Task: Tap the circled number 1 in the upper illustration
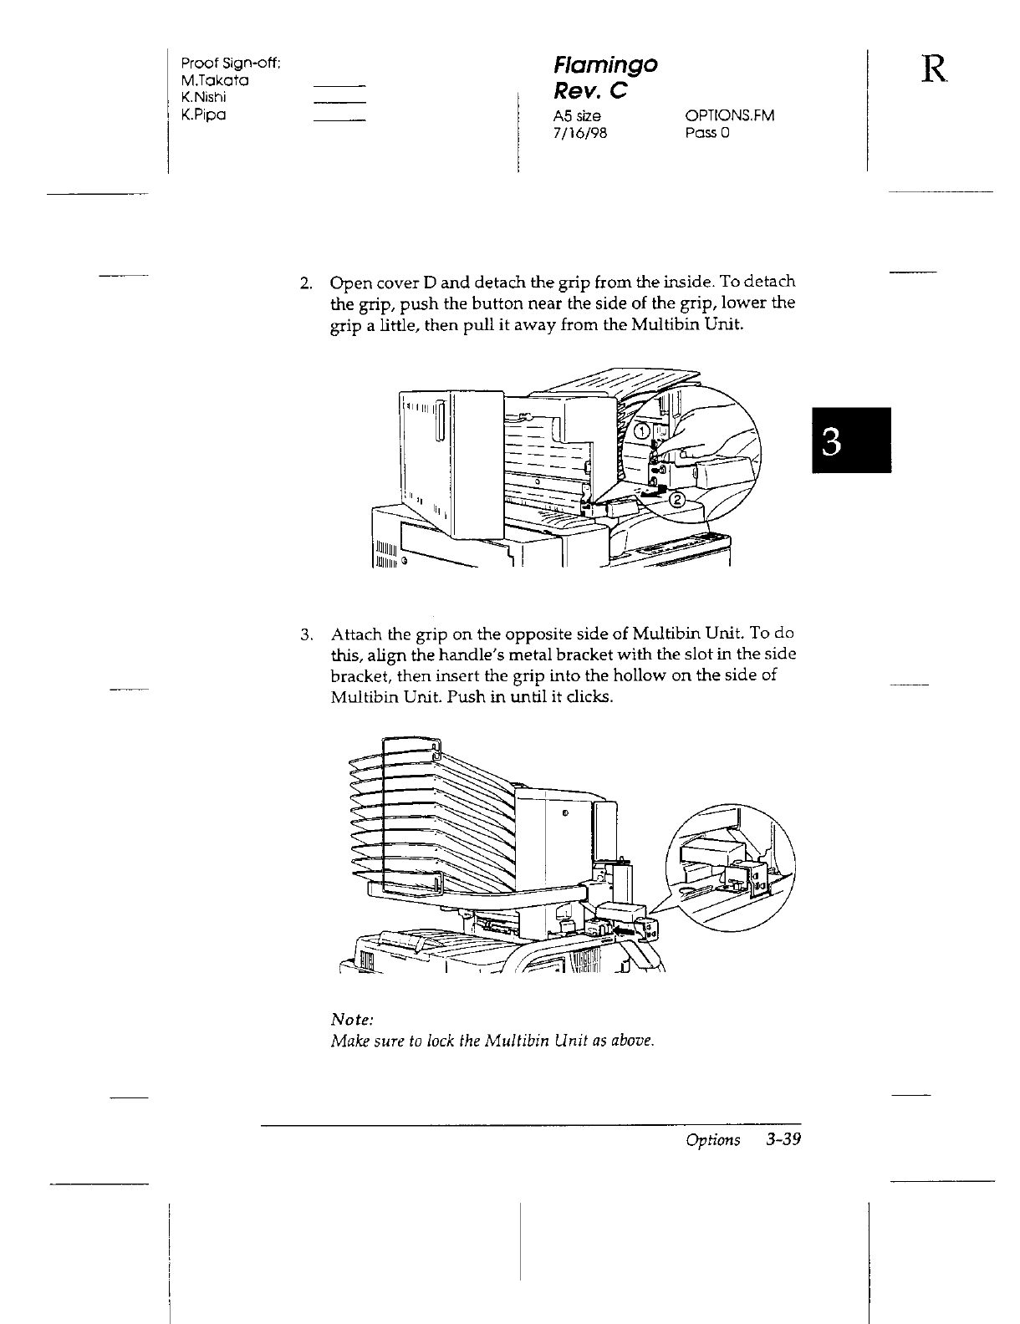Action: click(640, 431)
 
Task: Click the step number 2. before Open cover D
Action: click(307, 283)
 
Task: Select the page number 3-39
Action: click(782, 1140)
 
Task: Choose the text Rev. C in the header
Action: click(592, 91)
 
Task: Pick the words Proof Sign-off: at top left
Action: click(230, 64)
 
